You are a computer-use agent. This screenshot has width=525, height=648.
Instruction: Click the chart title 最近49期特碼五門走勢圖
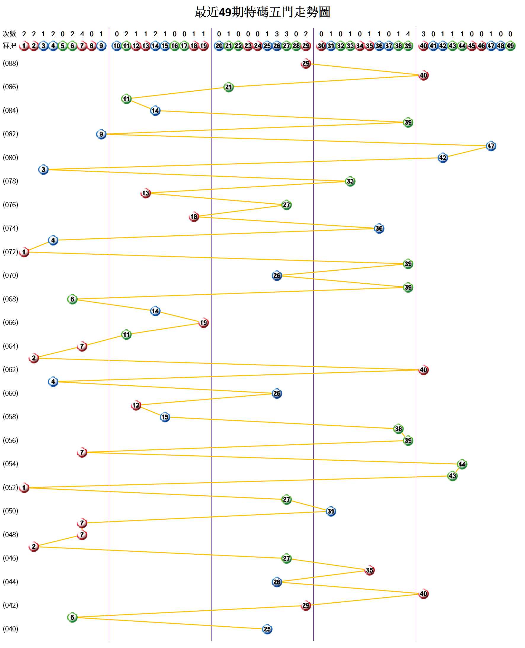click(262, 12)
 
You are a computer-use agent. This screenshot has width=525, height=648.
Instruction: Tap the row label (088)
click(11, 63)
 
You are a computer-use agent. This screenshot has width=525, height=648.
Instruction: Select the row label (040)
click(11, 629)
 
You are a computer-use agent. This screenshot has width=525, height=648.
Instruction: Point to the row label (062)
click(11, 370)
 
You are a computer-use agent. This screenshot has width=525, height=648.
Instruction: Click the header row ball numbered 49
click(510, 46)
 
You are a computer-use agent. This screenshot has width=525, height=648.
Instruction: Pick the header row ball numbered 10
click(117, 46)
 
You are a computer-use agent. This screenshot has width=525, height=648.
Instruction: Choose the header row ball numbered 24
click(258, 46)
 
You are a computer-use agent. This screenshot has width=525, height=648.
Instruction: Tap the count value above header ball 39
click(408, 34)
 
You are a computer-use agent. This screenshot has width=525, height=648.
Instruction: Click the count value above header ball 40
click(423, 34)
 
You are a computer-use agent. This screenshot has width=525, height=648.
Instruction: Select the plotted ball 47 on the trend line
click(491, 146)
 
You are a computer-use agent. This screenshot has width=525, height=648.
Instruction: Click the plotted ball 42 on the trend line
click(443, 158)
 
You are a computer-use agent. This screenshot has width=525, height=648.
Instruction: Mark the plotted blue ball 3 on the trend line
click(43, 170)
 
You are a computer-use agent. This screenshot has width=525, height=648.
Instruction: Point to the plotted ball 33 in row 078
click(350, 181)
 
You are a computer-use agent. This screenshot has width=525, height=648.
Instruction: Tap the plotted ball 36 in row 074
click(379, 229)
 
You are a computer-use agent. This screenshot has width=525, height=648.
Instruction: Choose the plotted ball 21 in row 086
click(229, 87)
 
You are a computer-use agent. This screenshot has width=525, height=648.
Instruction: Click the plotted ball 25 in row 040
click(267, 629)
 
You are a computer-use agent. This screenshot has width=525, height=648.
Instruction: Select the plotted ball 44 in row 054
click(462, 464)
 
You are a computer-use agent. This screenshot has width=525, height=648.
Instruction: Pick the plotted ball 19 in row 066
click(204, 323)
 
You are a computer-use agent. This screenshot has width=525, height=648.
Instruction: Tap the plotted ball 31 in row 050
click(331, 511)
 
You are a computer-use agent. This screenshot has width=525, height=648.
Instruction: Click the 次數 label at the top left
click(9, 33)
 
